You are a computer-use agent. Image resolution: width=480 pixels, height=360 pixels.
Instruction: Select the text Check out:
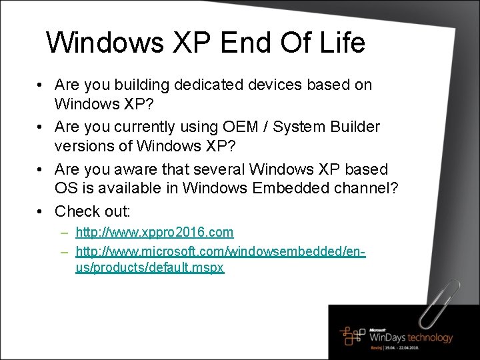click(93, 212)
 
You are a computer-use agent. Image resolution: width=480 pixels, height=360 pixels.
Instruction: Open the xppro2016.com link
click(155, 233)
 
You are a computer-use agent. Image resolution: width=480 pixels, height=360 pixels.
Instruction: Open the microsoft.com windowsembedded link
click(221, 252)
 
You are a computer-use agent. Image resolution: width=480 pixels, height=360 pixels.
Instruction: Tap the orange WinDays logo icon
click(353, 335)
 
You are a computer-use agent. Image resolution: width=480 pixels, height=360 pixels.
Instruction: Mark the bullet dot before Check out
click(41, 212)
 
